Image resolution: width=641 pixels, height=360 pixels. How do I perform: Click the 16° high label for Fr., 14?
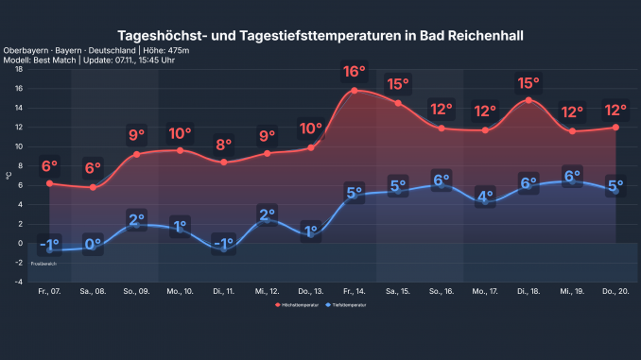tap(355, 72)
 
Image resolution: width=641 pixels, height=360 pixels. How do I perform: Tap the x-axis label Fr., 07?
tap(48, 292)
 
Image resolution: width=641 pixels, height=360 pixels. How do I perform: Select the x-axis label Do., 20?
tap(615, 292)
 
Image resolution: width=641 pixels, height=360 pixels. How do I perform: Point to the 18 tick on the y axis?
tap(19, 69)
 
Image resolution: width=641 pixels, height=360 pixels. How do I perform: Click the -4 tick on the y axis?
tap(19, 282)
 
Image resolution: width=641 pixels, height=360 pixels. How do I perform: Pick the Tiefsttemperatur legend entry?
tap(348, 306)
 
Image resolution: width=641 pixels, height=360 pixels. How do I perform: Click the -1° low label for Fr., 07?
tap(48, 244)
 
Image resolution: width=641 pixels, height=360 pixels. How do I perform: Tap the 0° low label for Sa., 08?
tap(93, 244)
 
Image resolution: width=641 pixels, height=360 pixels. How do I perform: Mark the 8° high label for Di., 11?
tap(223, 146)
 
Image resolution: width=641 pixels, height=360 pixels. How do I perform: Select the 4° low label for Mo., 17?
tap(485, 197)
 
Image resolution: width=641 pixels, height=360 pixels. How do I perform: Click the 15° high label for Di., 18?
tap(528, 83)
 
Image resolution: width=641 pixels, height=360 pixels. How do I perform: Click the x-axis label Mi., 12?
tap(267, 292)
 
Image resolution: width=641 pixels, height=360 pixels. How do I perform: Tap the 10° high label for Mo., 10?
tap(180, 133)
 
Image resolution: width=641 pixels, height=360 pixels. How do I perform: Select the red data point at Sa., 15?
tap(398, 103)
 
